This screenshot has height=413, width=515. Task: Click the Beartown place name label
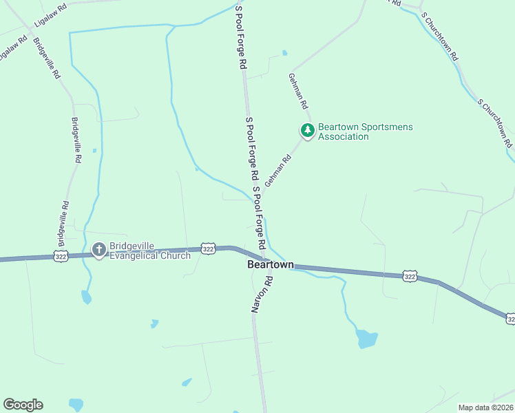(271, 264)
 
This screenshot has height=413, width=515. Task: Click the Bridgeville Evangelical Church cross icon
(98, 250)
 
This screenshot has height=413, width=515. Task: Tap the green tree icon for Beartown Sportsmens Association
(306, 130)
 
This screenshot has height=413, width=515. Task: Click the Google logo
(23, 405)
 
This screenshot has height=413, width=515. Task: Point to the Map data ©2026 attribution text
(486, 407)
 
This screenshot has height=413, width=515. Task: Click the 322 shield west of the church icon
(61, 255)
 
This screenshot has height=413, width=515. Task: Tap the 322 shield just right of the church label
(209, 248)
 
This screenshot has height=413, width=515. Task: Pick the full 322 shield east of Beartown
(410, 276)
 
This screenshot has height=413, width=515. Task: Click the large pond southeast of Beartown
(367, 338)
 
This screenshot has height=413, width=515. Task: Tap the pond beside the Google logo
(75, 405)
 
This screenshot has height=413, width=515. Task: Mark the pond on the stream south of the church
(86, 297)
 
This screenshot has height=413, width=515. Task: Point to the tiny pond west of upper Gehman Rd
(284, 53)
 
